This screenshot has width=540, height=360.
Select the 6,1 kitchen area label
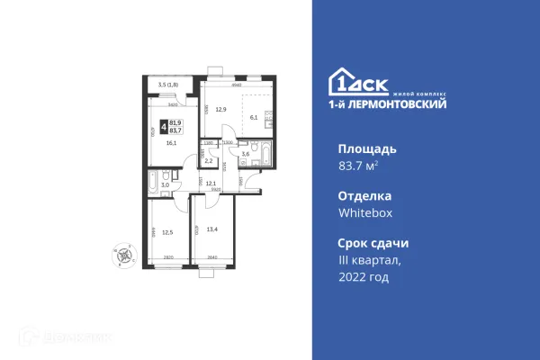254,118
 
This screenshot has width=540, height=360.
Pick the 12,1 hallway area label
211,184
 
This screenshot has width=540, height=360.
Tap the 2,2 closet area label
208,160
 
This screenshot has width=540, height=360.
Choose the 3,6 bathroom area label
246,155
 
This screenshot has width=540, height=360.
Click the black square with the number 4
163,125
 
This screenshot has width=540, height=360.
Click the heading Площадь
368,148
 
